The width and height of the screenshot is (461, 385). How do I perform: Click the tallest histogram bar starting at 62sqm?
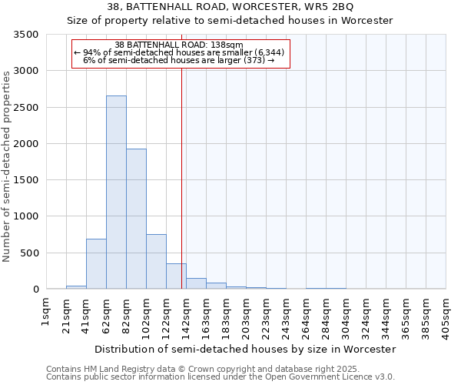click(x=116, y=192)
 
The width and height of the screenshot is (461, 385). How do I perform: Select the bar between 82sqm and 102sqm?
click(x=136, y=219)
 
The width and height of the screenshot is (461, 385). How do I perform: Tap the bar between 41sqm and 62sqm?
click(x=96, y=264)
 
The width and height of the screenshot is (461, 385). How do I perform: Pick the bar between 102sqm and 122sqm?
click(x=156, y=262)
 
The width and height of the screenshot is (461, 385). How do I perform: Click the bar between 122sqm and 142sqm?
click(x=176, y=276)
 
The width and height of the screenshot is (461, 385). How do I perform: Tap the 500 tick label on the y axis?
click(x=30, y=253)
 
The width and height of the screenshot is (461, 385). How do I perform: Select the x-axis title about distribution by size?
click(x=245, y=349)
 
